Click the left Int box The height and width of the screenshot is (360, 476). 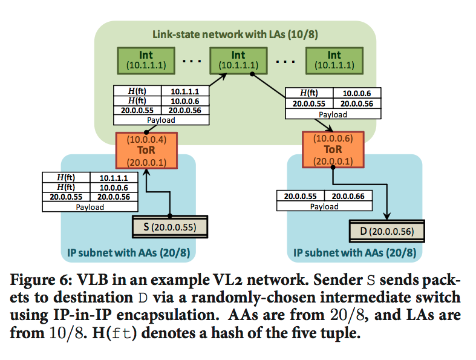pyautogui.click(x=146, y=59)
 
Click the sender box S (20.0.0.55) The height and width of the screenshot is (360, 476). pyautogui.click(x=169, y=227)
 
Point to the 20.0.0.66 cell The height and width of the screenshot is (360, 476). pyautogui.click(x=348, y=196)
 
